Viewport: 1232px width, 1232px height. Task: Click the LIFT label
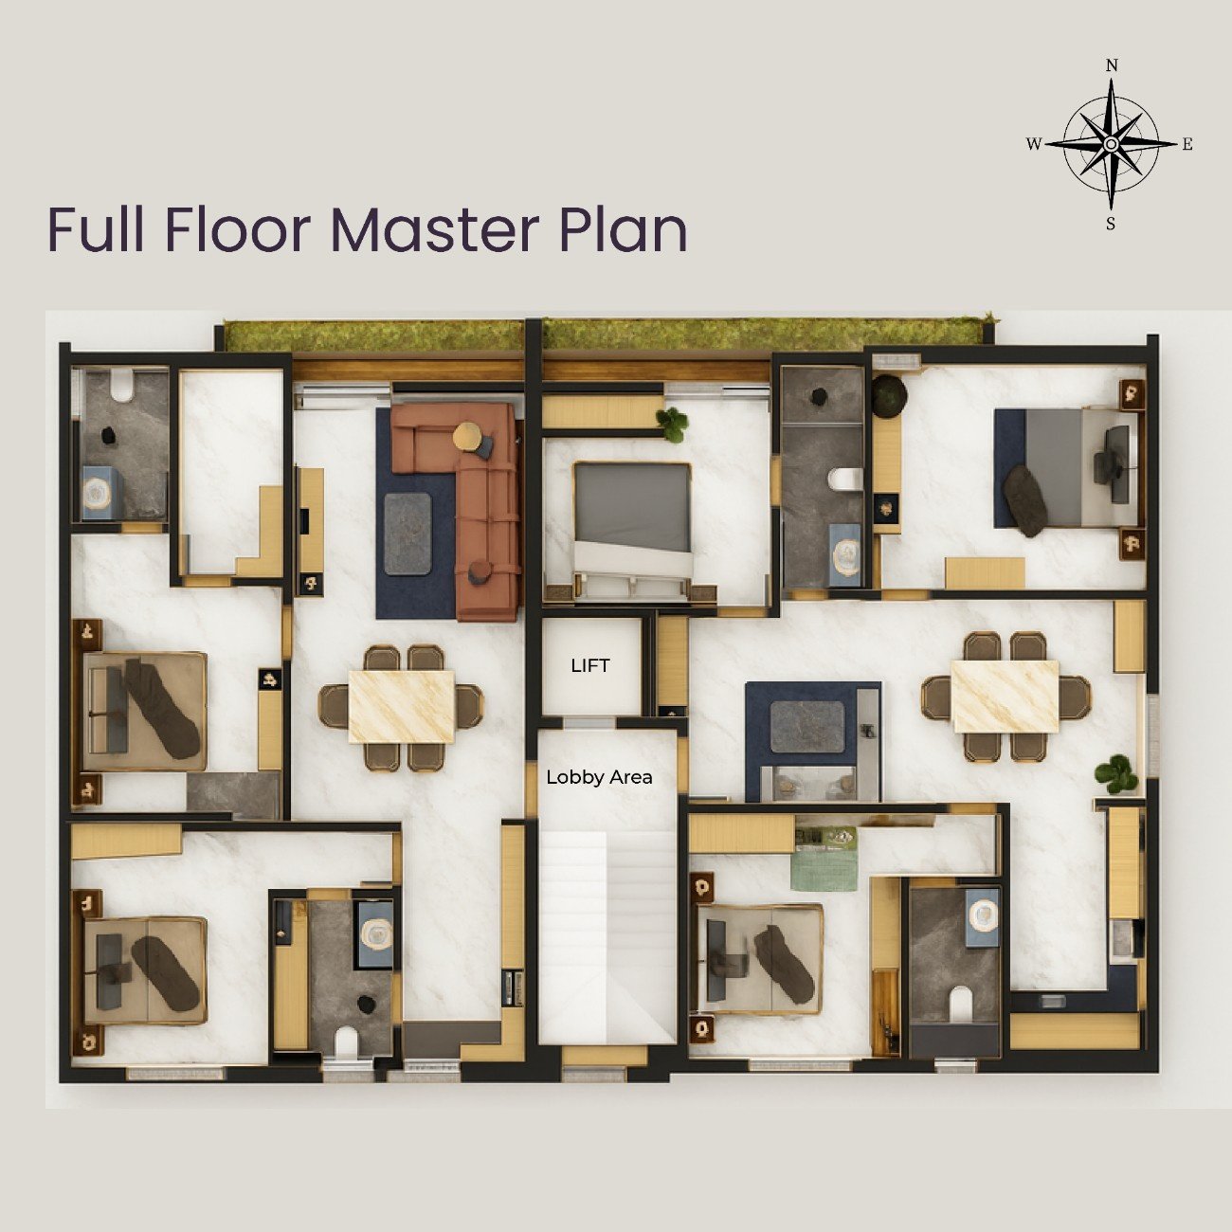click(x=589, y=665)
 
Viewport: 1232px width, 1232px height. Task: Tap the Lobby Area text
click(x=599, y=777)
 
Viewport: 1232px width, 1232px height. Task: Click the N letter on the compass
click(x=1112, y=65)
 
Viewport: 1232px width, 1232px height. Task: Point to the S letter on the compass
click(x=1111, y=224)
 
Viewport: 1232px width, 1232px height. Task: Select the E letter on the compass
click(x=1187, y=144)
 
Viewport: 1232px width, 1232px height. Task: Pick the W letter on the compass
click(x=1034, y=144)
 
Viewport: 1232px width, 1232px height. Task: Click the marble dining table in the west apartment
click(x=402, y=706)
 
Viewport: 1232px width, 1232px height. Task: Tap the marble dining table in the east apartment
click(x=1006, y=696)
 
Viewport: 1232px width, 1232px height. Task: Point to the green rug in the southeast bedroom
click(x=824, y=859)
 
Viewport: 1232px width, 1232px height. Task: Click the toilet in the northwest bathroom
click(x=121, y=385)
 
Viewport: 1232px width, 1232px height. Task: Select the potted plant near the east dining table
click(x=1116, y=773)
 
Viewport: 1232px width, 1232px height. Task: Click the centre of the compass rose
click(x=1111, y=144)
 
